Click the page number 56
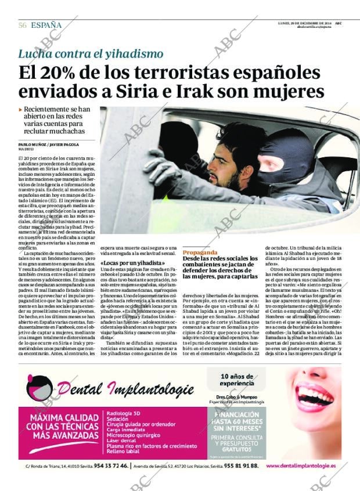[23, 25]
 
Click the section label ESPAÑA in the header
[46, 25]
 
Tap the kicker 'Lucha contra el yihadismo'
[91, 54]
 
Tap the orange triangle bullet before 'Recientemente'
[21, 109]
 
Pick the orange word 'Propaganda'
[200, 253]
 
